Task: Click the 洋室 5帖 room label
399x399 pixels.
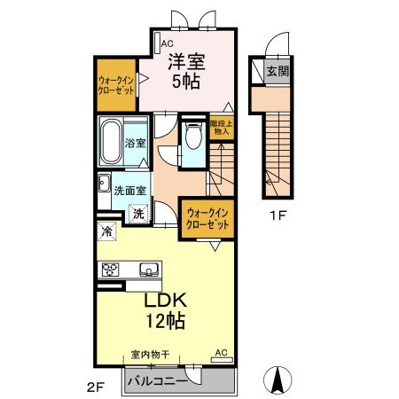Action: pos(186,71)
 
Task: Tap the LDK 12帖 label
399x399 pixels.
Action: pos(166,310)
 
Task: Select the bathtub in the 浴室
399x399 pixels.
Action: pos(111,142)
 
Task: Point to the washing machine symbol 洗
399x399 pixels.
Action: pos(138,214)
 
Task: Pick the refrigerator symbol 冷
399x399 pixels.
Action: pos(106,231)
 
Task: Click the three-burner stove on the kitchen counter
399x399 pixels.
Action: pos(110,270)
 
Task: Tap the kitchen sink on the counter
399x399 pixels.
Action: pos(149,270)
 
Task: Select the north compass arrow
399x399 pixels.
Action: pos(278,380)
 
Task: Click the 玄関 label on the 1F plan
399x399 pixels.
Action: pos(278,71)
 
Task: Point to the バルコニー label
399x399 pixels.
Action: pos(157,381)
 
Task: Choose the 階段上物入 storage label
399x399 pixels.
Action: pos(222,127)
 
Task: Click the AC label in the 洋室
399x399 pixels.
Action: pos(167,43)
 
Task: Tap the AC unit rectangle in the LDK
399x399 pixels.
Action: pos(222,360)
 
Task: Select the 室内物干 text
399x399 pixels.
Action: pos(151,354)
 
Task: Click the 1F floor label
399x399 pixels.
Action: pos(278,215)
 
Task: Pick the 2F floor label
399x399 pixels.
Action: pos(96,387)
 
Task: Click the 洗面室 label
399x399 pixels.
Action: pos(130,191)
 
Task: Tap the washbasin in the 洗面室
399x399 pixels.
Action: pos(104,183)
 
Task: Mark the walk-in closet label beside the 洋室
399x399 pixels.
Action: pos(116,85)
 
